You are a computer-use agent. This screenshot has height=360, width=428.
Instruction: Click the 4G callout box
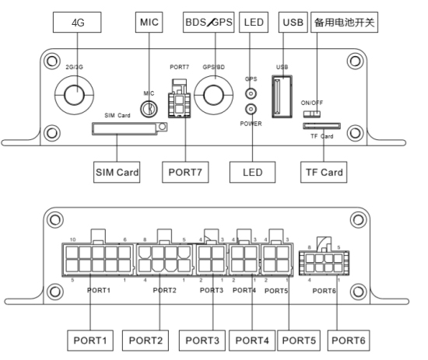77,22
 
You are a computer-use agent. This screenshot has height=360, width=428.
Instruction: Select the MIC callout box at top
149,22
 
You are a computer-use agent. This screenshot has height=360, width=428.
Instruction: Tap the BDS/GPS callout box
209,22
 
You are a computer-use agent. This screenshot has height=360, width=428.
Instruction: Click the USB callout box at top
293,22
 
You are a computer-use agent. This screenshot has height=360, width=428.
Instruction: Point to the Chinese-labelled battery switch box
344,22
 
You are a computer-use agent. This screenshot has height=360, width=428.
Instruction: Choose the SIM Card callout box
117,172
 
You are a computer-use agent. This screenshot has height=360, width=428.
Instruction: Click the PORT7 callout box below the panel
185,172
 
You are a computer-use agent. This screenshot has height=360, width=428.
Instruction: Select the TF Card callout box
324,172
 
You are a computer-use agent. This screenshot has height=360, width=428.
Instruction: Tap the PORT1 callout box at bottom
90,341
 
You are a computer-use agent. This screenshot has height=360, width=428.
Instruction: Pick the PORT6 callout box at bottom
349,341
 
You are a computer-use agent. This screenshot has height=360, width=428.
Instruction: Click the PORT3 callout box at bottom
202,341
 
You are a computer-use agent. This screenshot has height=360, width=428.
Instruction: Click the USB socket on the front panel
282,96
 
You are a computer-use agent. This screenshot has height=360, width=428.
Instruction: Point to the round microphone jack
149,109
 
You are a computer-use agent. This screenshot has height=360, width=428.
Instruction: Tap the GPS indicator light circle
251,93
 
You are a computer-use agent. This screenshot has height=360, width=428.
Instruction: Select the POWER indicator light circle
251,110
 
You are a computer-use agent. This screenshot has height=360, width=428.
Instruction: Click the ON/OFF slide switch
312,114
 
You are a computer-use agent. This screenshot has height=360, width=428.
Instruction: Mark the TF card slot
322,126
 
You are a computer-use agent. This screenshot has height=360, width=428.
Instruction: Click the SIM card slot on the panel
130,128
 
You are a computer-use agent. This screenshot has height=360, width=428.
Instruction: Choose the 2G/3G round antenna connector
74,95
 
